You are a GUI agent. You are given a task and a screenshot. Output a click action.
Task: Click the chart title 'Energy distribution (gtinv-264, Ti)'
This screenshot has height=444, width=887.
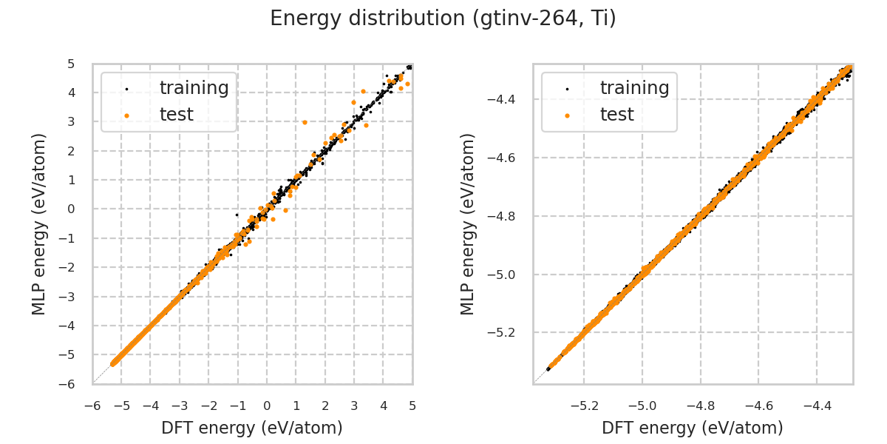click(443, 18)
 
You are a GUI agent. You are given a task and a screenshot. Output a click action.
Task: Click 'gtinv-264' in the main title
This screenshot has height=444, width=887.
click(507, 18)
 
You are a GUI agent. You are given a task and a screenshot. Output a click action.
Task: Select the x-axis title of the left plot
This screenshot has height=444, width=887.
click(252, 428)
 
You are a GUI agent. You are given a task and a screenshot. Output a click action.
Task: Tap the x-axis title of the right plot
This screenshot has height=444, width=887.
click(693, 428)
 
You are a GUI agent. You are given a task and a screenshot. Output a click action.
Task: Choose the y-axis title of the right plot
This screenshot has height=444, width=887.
click(469, 223)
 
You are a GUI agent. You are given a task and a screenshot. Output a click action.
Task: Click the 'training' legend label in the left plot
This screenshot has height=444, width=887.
click(194, 88)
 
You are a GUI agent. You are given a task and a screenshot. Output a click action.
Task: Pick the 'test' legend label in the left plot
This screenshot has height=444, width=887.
click(177, 115)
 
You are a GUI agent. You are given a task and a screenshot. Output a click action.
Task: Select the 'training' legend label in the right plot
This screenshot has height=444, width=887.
click(635, 88)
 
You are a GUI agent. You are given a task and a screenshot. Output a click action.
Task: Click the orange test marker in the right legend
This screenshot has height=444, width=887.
click(567, 115)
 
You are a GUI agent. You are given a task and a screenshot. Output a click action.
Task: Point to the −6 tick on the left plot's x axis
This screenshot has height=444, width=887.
click(92, 406)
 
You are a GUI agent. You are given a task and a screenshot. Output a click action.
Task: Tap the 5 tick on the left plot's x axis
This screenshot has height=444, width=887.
click(412, 406)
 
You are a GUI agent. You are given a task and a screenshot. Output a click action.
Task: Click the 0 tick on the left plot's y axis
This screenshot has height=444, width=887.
click(72, 209)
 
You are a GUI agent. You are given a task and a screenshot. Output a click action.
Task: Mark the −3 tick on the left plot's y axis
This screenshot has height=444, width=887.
click(69, 296)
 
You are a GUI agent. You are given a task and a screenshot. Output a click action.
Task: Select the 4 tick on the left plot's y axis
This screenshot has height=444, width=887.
click(72, 92)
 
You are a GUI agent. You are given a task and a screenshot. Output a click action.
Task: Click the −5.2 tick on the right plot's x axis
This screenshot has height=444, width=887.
click(584, 406)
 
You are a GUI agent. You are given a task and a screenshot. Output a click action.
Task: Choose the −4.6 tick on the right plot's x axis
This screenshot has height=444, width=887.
click(758, 406)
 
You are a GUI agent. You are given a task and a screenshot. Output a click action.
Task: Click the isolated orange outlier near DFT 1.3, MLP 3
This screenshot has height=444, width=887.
click(305, 122)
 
